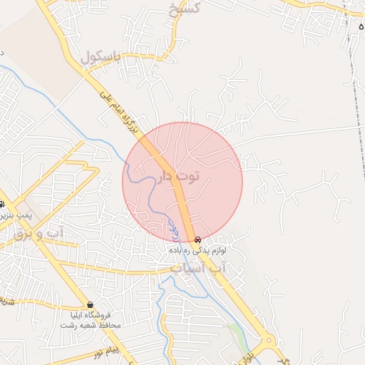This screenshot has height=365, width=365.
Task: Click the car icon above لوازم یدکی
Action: [x=198, y=240]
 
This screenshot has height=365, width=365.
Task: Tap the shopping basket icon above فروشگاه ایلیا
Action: [x=90, y=304]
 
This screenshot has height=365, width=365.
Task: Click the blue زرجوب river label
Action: [x=173, y=228]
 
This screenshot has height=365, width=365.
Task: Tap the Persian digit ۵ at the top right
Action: [x=361, y=25]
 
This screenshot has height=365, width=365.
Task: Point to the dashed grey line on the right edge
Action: [x=354, y=86]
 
